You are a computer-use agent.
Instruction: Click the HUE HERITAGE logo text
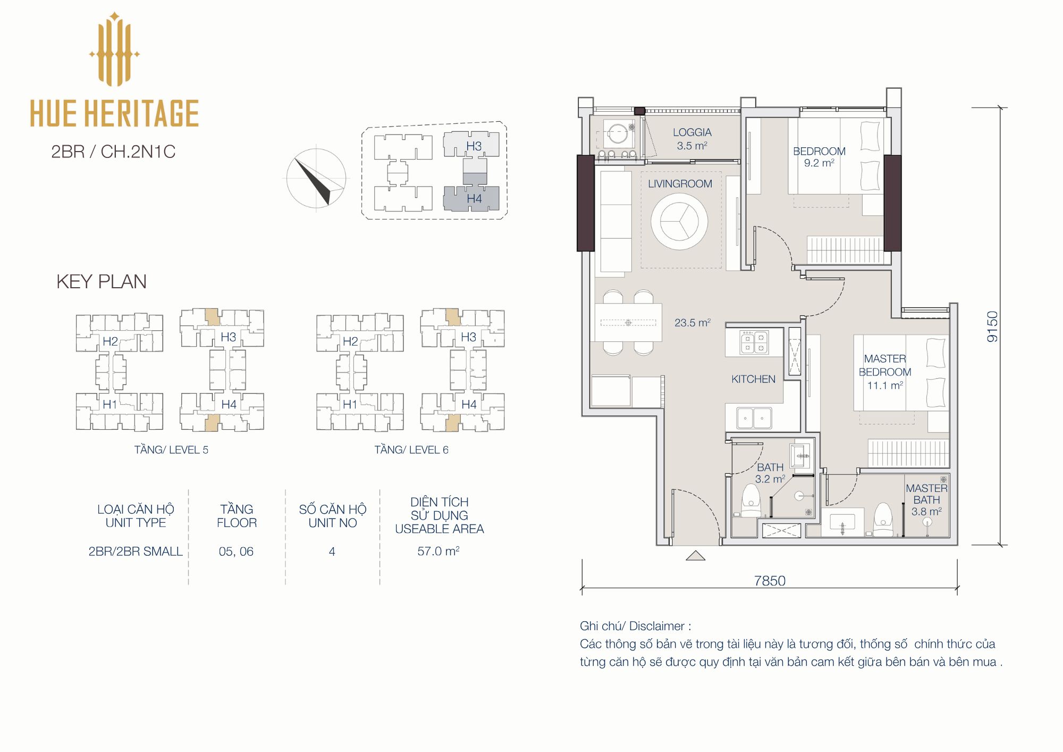114,113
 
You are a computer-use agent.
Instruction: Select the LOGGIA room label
692,132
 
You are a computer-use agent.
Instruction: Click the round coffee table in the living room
679,221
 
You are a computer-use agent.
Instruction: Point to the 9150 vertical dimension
992,326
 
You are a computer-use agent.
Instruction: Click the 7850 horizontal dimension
770,580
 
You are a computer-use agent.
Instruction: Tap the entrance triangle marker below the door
695,556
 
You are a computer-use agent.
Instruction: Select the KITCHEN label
753,379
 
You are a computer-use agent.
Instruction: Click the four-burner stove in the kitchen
755,342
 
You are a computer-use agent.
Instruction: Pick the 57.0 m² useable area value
438,551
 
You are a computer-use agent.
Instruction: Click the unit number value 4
332,552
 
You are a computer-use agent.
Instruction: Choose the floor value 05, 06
236,552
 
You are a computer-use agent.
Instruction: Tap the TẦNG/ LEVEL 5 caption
171,450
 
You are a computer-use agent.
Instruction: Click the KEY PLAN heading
102,281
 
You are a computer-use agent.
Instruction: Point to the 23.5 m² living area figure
693,322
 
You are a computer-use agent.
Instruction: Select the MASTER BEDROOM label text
885,365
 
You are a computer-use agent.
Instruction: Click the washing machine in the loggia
618,133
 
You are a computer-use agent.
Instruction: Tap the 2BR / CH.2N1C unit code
113,152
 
